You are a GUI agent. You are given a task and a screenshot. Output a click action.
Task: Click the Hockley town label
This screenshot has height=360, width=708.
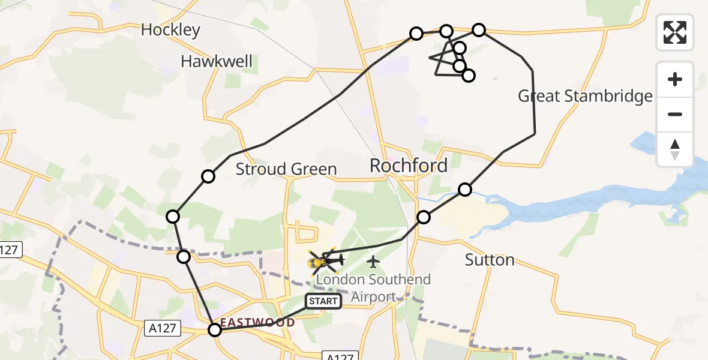click(x=170, y=30)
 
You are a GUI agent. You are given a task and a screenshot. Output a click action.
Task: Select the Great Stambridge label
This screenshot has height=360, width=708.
click(x=585, y=96)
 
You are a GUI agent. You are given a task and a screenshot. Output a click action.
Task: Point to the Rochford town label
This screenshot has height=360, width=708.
click(x=409, y=166)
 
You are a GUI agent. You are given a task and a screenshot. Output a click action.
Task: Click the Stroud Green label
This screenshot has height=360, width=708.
click(x=286, y=169)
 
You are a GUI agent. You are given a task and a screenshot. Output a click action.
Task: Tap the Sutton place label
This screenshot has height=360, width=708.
click(x=490, y=260)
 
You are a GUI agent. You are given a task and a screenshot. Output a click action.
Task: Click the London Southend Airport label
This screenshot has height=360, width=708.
click(x=373, y=287)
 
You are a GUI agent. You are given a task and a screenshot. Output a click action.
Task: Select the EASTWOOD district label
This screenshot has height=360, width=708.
click(x=258, y=323)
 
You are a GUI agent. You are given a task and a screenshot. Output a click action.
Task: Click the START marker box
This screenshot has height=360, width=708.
click(x=323, y=301)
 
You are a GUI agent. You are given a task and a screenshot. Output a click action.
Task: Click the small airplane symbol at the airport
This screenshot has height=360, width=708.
click(x=373, y=261)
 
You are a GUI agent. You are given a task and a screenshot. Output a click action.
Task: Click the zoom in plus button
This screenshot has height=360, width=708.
click(x=675, y=79)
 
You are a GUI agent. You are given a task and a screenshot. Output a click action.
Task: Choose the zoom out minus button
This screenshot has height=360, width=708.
click(x=675, y=114)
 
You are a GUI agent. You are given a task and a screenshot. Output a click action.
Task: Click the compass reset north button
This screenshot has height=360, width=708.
click(x=675, y=149)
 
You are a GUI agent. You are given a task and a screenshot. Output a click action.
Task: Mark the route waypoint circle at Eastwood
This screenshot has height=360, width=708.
click(x=214, y=329)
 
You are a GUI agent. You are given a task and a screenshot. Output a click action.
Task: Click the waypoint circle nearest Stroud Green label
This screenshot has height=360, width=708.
click(x=208, y=176)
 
